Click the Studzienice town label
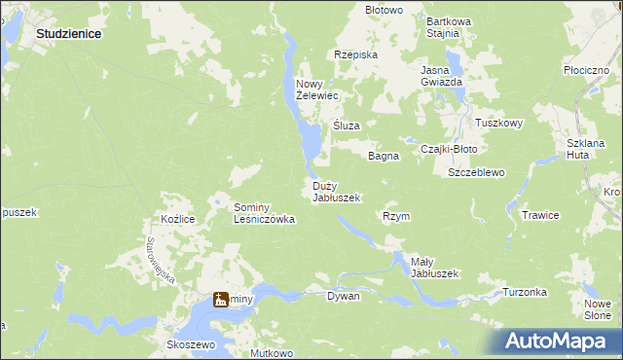coord(69,33)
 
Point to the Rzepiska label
coord(355,55)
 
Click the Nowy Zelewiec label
coord(316,90)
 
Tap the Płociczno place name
coord(586,71)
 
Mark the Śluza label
coord(348,126)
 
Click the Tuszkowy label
coord(499,124)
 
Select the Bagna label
coord(384,156)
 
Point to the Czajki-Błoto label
coord(449,149)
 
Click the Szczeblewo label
coord(476,173)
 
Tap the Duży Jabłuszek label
coord(337,192)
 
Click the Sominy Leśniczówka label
coord(264,213)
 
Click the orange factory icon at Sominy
coord(221,300)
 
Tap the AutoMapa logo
coord(558,342)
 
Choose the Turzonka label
coord(525,292)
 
